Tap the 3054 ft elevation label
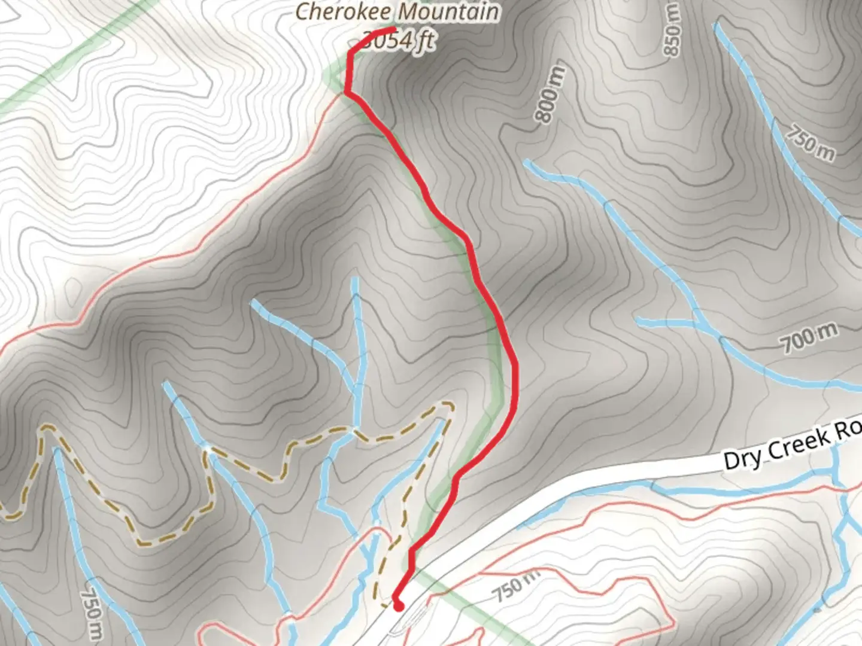[x=399, y=41]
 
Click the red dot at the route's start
[x=398, y=606]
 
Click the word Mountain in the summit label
[x=448, y=12]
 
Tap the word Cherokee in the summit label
[x=344, y=12]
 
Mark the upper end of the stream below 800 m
[x=527, y=161]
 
